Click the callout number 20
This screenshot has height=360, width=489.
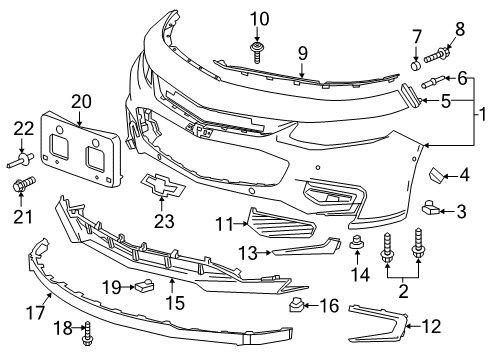[x=80, y=100]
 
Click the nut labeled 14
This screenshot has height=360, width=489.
[x=355, y=245]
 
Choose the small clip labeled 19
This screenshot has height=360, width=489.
[x=143, y=287]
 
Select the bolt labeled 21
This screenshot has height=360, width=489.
[x=23, y=184]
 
